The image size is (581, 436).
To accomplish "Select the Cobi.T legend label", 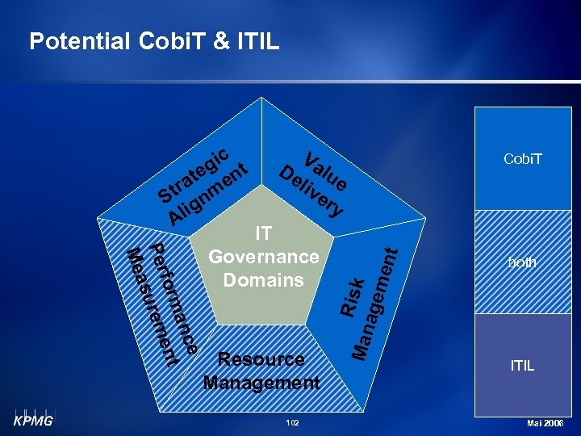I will [x=522, y=159].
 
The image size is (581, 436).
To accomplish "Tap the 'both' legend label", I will [x=522, y=262].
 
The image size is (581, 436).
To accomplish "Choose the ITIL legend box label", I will [x=522, y=366].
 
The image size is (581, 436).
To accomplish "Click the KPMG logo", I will [x=32, y=420].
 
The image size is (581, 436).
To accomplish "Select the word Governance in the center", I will [x=263, y=257].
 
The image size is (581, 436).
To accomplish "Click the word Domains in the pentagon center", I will [x=263, y=280].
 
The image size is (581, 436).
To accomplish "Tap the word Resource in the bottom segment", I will [x=261, y=359].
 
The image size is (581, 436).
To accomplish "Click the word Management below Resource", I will [x=261, y=382].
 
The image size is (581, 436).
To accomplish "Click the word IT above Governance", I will [x=263, y=233].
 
